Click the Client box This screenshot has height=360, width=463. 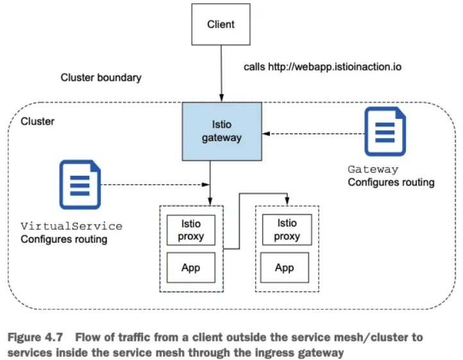pyautogui.click(x=221, y=24)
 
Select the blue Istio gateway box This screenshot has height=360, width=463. pyautogui.click(x=222, y=132)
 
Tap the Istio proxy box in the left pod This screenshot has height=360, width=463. pyautogui.click(x=190, y=230)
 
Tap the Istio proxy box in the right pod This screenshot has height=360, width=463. pyautogui.click(x=287, y=230)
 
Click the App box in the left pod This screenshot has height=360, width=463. pyautogui.click(x=190, y=268)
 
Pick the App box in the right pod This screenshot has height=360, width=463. pyautogui.click(x=285, y=268)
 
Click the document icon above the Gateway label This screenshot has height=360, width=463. pyautogui.click(x=385, y=132)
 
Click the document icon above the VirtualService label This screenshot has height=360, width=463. pyautogui.click(x=80, y=184)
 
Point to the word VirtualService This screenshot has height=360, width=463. pyautogui.click(x=71, y=227)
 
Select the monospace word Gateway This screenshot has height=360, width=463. pyautogui.click(x=373, y=169)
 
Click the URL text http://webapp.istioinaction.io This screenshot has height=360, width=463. pyautogui.click(x=335, y=67)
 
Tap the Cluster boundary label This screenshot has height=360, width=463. pyautogui.click(x=101, y=78)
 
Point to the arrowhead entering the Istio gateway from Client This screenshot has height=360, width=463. pyautogui.click(x=221, y=98)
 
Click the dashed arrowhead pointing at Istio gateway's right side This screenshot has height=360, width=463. pyautogui.click(x=266, y=133)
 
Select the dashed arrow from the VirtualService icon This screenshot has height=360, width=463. pyautogui.click(x=155, y=185)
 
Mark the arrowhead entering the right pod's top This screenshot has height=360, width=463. pyautogui.click(x=287, y=201)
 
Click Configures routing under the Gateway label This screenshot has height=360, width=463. pyautogui.click(x=391, y=182)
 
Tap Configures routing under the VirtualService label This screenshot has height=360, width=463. pyautogui.click(x=64, y=239)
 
